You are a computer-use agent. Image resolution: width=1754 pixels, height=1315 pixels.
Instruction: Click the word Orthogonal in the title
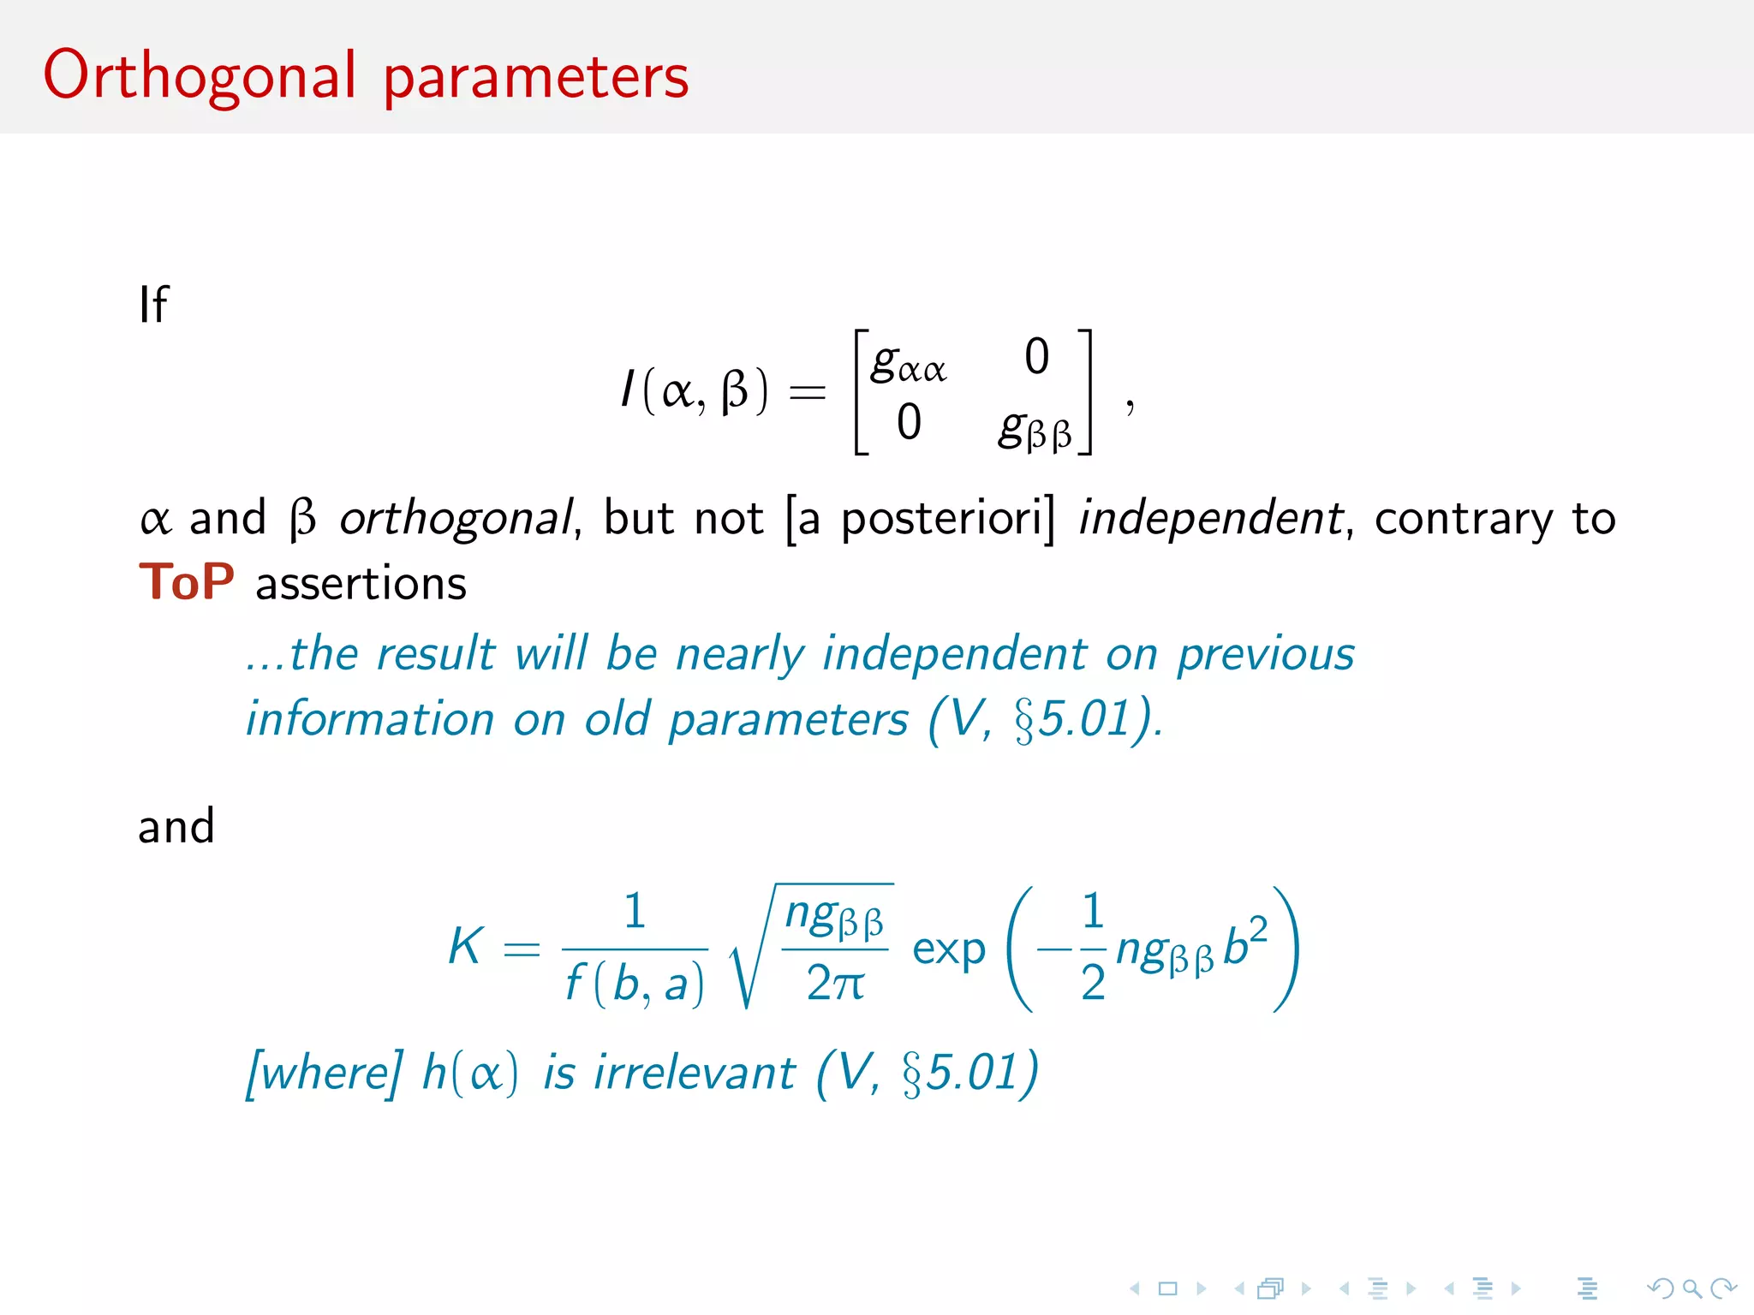coord(199,75)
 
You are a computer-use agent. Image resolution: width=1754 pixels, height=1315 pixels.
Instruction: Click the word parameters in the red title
coord(535,77)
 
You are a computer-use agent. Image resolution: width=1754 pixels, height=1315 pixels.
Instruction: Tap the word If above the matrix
coord(154,305)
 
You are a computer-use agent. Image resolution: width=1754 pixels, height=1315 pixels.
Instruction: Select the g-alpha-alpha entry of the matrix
coord(908,363)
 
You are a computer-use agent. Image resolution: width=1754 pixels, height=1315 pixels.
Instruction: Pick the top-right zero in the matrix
coord(1036,356)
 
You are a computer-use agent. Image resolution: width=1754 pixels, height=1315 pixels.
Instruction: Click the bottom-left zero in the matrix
coord(909,422)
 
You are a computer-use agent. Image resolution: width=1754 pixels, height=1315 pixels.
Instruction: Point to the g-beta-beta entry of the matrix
coord(1035,428)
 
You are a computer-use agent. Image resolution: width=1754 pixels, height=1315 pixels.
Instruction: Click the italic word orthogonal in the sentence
coord(456,519)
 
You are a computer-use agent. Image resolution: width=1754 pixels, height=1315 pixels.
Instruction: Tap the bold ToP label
coord(187,582)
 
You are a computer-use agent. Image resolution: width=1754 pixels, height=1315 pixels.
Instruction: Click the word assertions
coord(361,584)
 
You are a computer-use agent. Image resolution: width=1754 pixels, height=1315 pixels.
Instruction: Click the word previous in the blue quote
coord(1265,654)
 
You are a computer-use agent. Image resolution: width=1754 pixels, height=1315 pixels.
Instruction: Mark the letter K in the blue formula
coord(466,946)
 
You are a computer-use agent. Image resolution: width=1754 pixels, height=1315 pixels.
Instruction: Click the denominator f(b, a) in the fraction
coord(635,983)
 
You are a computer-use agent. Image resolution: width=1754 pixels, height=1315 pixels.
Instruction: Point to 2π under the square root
coord(834,982)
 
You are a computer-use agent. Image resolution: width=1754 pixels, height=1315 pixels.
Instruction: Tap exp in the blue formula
coord(948,949)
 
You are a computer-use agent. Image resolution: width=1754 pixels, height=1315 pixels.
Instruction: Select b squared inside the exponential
coord(1244,943)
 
